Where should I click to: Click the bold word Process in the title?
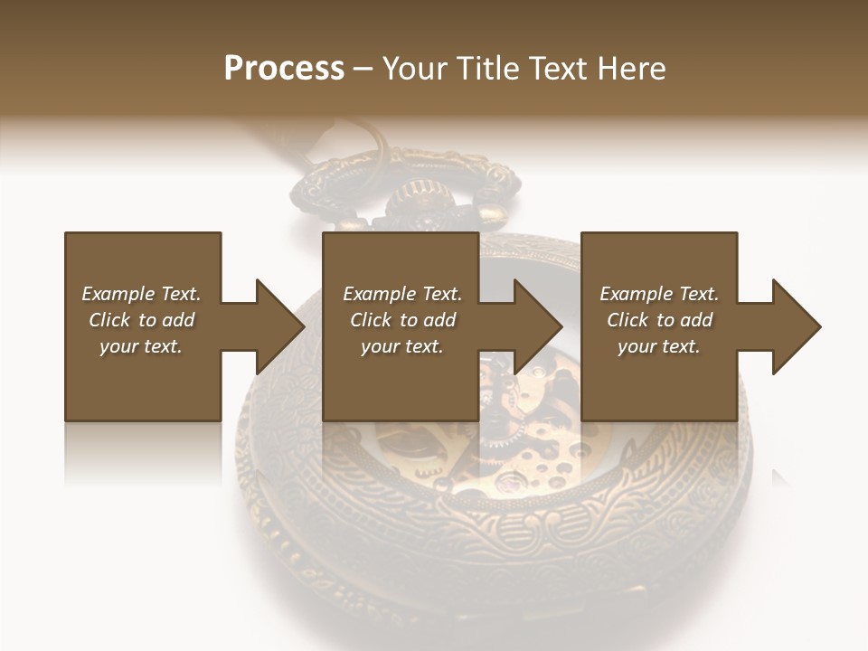(x=284, y=69)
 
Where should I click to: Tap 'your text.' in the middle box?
(x=402, y=346)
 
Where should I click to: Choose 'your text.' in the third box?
(x=659, y=346)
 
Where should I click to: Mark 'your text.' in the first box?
(x=141, y=346)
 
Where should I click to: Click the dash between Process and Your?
(x=363, y=69)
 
